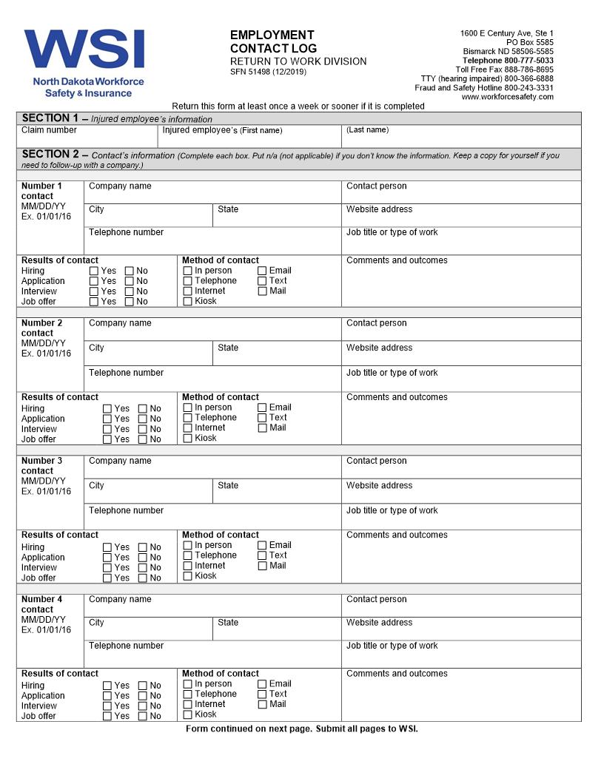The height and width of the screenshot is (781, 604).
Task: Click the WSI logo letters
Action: [x=84, y=50]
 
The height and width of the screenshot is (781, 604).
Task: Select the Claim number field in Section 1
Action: [x=87, y=137]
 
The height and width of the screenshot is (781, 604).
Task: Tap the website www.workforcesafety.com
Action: [x=507, y=97]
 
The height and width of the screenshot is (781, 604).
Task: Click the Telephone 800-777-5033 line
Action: [x=508, y=61]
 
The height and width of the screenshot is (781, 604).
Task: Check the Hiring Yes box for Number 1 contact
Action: [x=94, y=271]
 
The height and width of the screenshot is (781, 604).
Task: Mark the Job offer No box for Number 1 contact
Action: [x=130, y=302]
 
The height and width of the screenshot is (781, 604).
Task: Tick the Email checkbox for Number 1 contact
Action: [x=262, y=271]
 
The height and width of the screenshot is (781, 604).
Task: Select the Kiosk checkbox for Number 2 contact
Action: [x=187, y=439]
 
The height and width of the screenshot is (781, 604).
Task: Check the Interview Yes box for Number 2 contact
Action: [x=107, y=429]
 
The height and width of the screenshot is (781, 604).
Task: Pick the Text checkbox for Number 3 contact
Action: [x=262, y=555]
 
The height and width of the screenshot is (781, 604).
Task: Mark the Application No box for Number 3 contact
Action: [x=143, y=558]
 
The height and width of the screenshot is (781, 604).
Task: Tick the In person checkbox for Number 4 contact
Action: [x=187, y=684]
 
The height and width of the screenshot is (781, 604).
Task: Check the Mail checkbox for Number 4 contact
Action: [x=262, y=705]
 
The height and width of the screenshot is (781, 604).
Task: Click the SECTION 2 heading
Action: [x=50, y=155]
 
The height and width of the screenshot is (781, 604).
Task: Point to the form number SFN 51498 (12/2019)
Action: [x=268, y=72]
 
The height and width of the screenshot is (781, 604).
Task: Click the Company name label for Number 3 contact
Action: [x=120, y=461]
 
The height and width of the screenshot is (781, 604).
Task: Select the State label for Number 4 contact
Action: [x=228, y=623]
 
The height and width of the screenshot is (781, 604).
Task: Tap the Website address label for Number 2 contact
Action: [x=379, y=348]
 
